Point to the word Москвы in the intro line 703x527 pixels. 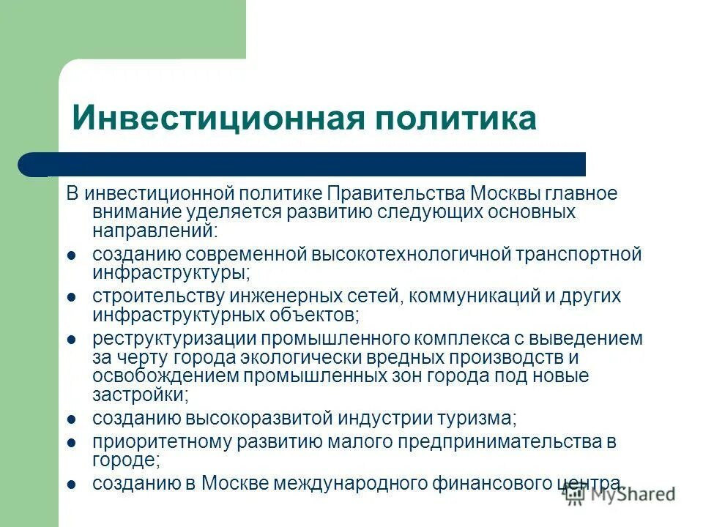point(507,194)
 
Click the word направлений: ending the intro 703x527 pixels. point(155,231)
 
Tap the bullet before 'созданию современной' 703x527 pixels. point(72,255)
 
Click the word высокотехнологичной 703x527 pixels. point(413,255)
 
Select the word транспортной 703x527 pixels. point(580,255)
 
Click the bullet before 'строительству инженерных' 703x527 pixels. point(72,297)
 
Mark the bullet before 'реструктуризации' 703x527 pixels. point(72,340)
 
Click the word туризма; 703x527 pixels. point(431,419)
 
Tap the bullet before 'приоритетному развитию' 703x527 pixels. point(72,443)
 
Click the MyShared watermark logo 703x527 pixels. point(619,494)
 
